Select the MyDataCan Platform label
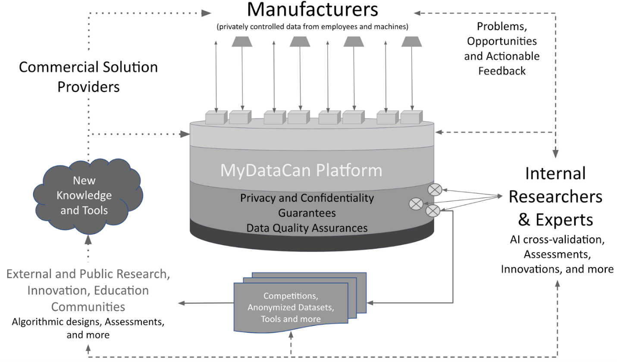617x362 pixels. click(301, 170)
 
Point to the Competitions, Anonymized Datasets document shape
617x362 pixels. click(291, 307)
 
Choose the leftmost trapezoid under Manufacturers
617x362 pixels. click(242, 41)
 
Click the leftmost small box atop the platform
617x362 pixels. click(216, 118)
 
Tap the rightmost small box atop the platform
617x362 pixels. click(411, 117)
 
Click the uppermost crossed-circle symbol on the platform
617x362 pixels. click(433, 189)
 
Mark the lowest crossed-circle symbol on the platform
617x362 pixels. click(432, 211)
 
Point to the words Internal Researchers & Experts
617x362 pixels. click(555, 197)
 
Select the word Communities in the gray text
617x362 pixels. click(88, 306)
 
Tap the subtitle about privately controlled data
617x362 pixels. click(312, 27)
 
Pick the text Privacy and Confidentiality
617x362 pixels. click(307, 198)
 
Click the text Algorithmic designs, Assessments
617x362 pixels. click(88, 321)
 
